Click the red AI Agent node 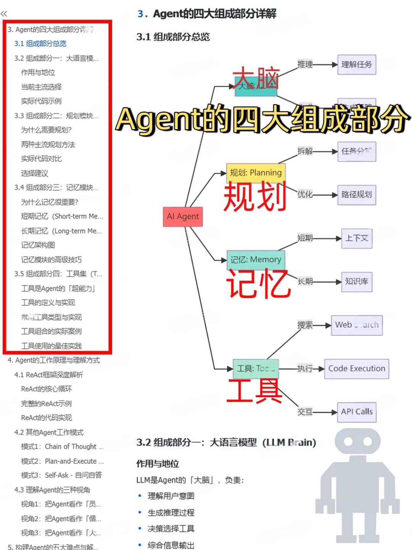[183, 217]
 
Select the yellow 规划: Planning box [256, 173]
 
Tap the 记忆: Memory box [256, 260]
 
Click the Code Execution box [357, 369]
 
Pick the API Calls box [357, 412]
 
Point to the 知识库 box [357, 281]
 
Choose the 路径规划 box [357, 195]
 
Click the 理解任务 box [357, 65]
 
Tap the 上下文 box [357, 238]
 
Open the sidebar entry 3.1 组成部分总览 [40, 44]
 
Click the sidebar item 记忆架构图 [38, 245]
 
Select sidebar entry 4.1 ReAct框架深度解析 [48, 375]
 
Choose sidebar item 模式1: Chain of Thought [62, 446]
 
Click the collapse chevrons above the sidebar [4, 14]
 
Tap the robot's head [357, 442]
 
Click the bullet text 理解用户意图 [171, 496]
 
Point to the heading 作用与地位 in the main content [158, 464]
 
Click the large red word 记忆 [258, 284]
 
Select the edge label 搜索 [305, 325]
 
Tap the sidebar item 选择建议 [35, 173]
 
